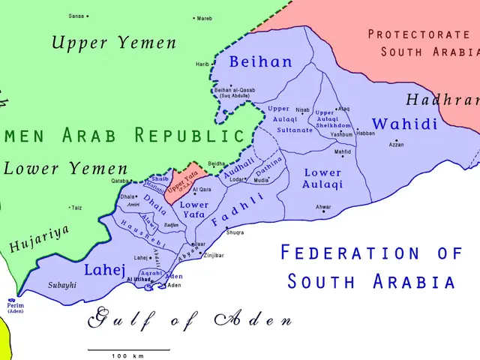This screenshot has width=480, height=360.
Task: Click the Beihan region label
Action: tap(260, 61)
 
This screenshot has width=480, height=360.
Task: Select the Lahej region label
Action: tap(104, 269)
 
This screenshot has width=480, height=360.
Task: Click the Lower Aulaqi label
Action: tap(322, 178)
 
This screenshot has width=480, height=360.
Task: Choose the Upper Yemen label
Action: tap(114, 43)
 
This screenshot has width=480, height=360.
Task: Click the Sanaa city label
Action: tap(76, 16)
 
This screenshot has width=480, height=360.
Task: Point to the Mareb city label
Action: tap(204, 17)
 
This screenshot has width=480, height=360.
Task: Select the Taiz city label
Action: tap(76, 208)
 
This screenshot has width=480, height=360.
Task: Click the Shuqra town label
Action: tap(235, 232)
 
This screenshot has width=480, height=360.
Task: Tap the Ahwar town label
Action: tap(323, 207)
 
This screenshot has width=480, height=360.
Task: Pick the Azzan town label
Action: tap(397, 144)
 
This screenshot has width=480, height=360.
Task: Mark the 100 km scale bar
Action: tap(128, 350)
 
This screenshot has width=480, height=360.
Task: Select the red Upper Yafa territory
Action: tap(184, 183)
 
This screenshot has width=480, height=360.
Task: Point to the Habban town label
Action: tap(365, 133)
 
